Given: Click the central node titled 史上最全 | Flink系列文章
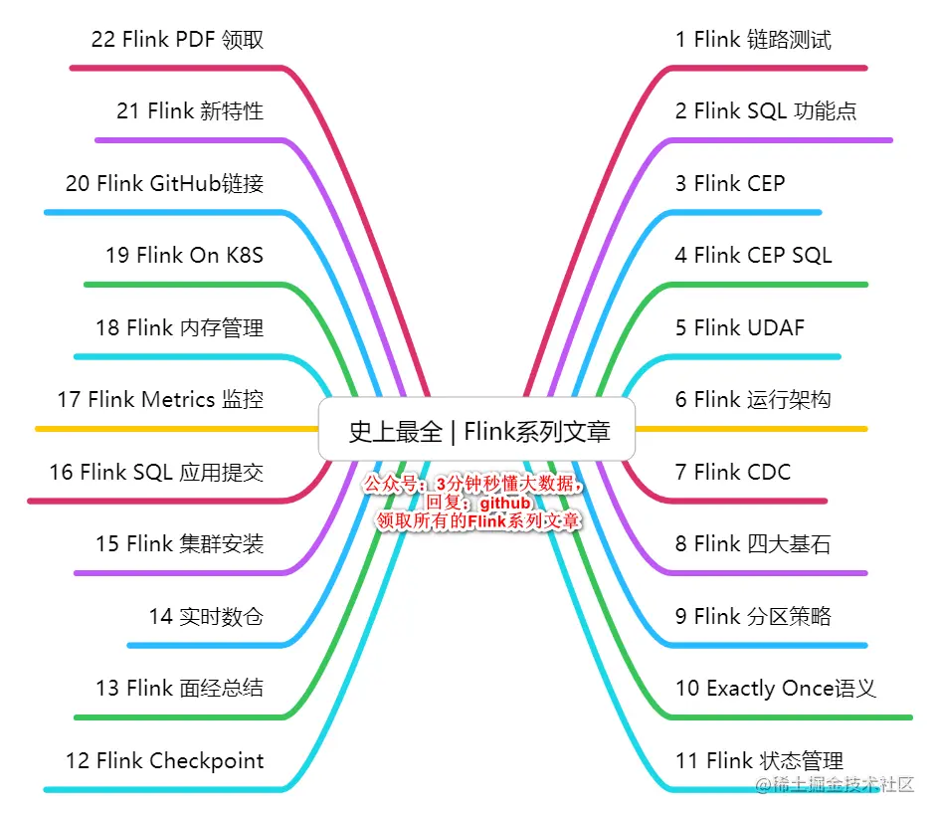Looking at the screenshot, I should click(x=477, y=431).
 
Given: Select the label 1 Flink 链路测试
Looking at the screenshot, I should click(x=753, y=40).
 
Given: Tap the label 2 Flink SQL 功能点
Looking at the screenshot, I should click(x=765, y=111).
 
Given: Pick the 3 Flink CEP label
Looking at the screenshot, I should click(x=729, y=184).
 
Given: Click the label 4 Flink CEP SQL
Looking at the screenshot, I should click(x=753, y=256).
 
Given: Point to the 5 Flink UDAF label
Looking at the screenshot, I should click(x=739, y=328).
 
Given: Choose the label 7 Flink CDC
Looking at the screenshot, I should click(x=732, y=472).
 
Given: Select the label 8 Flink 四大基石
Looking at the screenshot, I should click(x=752, y=544).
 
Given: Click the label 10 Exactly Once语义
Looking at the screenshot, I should click(x=775, y=689).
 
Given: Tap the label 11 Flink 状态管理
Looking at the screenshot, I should click(x=759, y=761).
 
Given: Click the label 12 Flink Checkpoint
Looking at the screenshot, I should click(x=165, y=761).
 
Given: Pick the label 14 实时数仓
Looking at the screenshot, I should click(x=206, y=617).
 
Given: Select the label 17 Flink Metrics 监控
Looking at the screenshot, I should click(x=160, y=400).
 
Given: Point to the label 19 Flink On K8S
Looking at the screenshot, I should click(x=184, y=256).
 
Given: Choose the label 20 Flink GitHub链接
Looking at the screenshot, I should click(x=164, y=184).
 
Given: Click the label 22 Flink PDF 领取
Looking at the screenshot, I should click(x=177, y=40).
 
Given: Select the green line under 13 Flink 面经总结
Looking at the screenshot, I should click(x=179, y=716).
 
